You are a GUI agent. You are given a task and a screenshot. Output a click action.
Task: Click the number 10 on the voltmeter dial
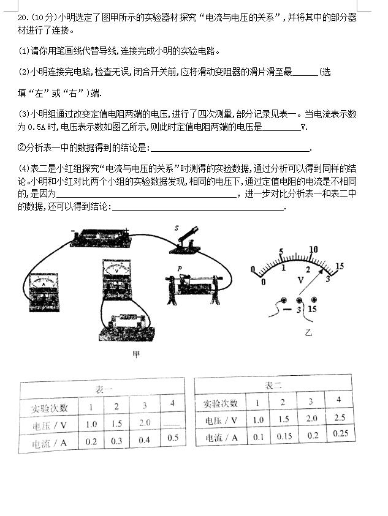click(x=314, y=249)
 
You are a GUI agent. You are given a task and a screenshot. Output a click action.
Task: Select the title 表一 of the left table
click(x=103, y=390)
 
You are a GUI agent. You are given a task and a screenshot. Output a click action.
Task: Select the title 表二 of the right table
click(x=273, y=386)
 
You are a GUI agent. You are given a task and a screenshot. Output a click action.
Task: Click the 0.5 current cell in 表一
click(x=172, y=438)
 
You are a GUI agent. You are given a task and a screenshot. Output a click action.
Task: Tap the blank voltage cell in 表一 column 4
click(x=172, y=421)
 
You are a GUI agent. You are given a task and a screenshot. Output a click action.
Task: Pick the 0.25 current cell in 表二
click(x=338, y=433)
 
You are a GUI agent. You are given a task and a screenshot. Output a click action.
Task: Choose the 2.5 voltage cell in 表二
click(x=338, y=417)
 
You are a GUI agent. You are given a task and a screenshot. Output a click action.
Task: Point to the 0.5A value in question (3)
click(x=29, y=127)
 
